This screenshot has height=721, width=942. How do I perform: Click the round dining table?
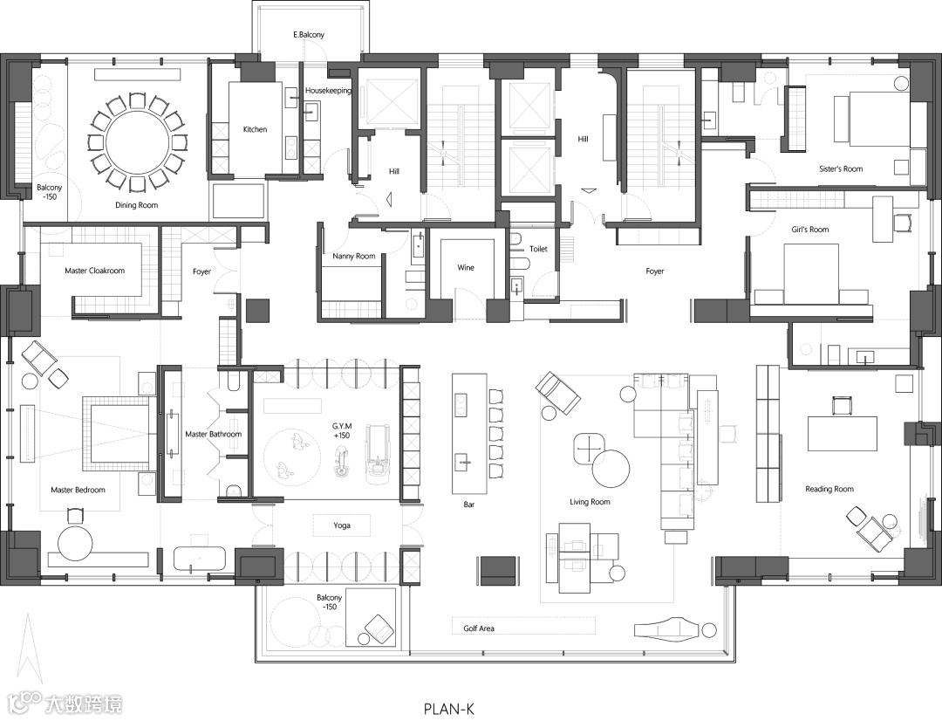point(137,141)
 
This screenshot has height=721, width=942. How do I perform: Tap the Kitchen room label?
point(255,130)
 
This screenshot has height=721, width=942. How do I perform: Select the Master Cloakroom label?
point(94,271)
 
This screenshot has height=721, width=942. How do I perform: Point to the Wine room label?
point(466,267)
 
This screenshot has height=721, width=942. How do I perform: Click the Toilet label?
point(538,250)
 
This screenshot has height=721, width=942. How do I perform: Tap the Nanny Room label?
point(354,257)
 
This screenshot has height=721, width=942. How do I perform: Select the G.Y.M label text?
point(341,425)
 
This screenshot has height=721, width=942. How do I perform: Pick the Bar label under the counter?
point(468,504)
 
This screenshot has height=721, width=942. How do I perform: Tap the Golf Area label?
point(479,628)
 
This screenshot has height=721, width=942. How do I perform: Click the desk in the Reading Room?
point(842,433)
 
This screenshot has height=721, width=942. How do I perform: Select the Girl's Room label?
point(811,230)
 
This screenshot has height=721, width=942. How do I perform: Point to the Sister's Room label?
point(841,169)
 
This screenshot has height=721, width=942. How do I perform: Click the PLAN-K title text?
point(448,709)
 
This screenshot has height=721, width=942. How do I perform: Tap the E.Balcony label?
point(309,35)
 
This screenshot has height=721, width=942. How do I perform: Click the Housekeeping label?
point(328,91)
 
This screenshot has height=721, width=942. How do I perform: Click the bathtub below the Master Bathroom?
point(200,559)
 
